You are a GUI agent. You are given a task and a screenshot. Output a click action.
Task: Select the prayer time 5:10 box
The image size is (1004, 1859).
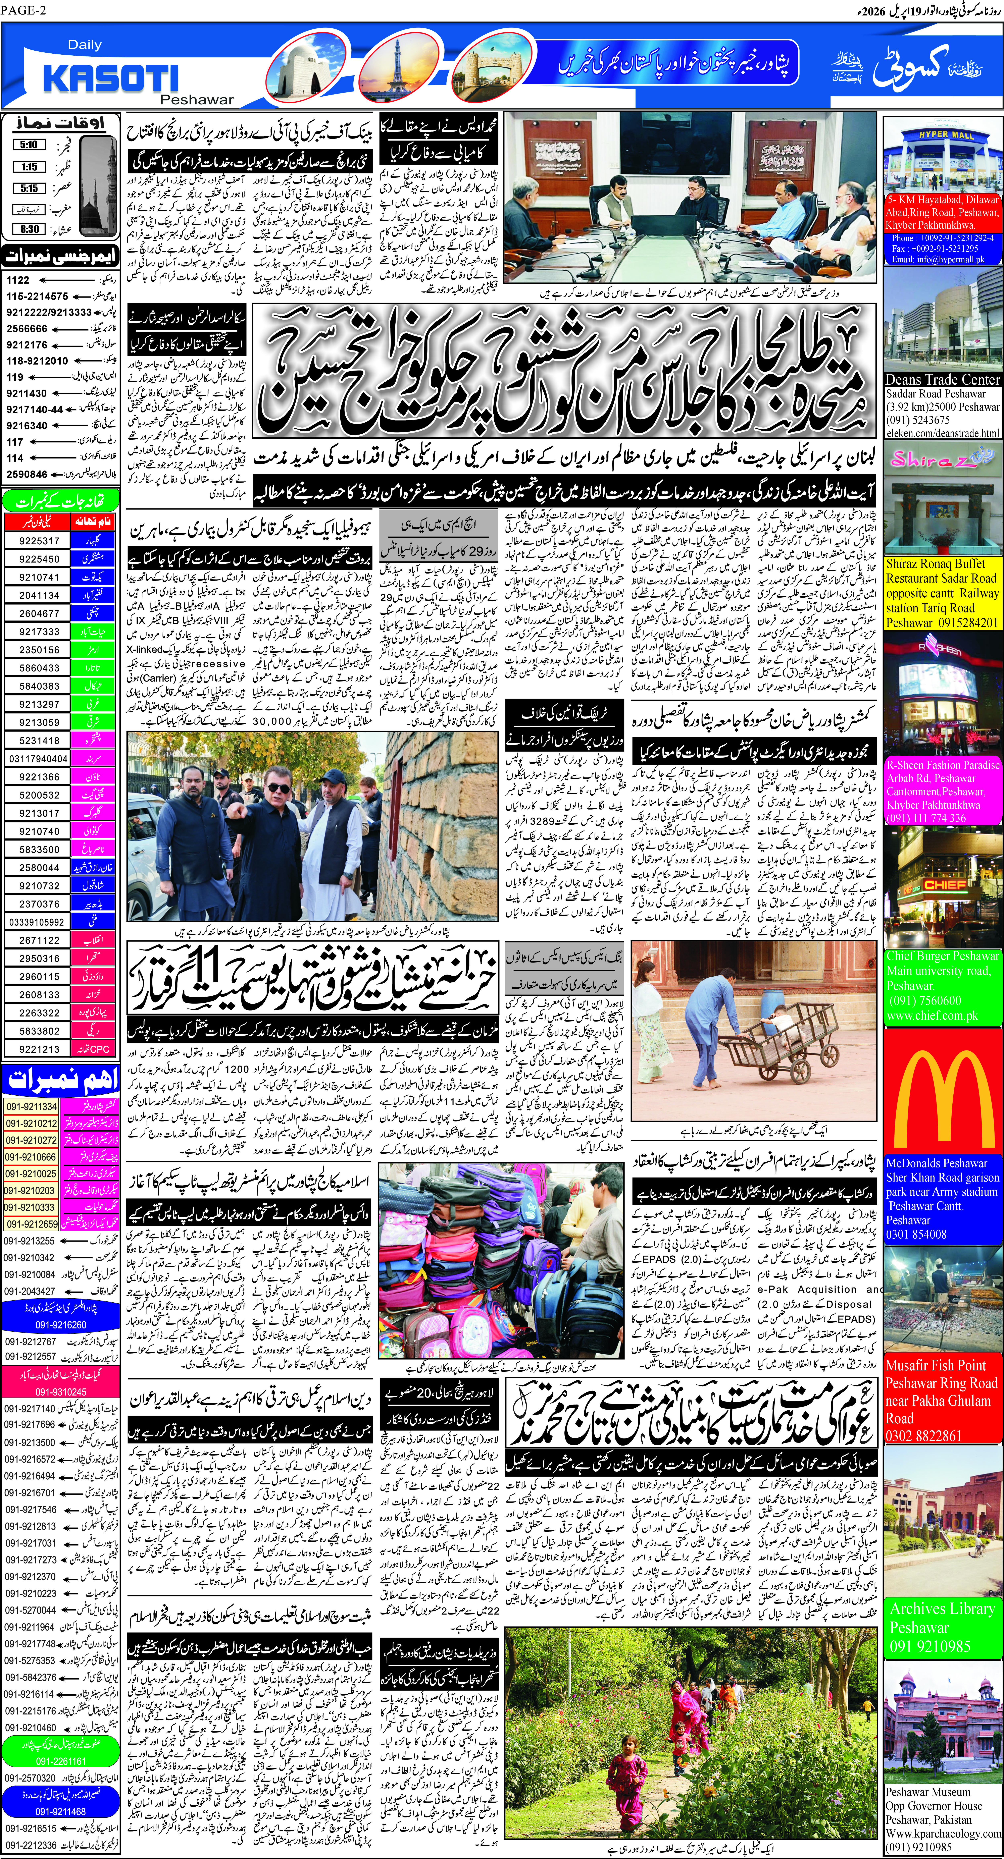point(29,144)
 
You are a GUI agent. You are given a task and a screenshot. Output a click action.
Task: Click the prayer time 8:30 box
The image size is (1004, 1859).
point(29,229)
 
